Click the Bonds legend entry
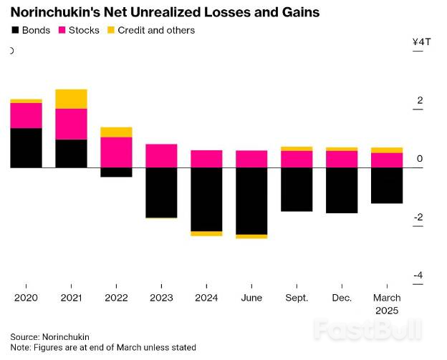[x=31, y=31]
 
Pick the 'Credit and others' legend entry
[x=150, y=31]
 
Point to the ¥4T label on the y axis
[x=422, y=42]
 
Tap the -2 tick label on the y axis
[x=419, y=218]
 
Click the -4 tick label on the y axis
[x=419, y=276]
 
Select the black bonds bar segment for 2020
[x=26, y=148]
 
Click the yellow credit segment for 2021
[x=71, y=99]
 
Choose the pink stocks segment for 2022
[x=116, y=152]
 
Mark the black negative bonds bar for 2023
[x=161, y=192]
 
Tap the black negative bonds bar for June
[x=251, y=200]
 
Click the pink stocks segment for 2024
[x=206, y=159]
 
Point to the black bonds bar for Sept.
[x=297, y=189]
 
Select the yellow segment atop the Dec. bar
[x=342, y=149]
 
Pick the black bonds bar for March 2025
[x=387, y=185]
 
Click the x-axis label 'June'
[x=251, y=298]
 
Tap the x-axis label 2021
[x=71, y=298]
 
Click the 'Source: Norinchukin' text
[x=49, y=336]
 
